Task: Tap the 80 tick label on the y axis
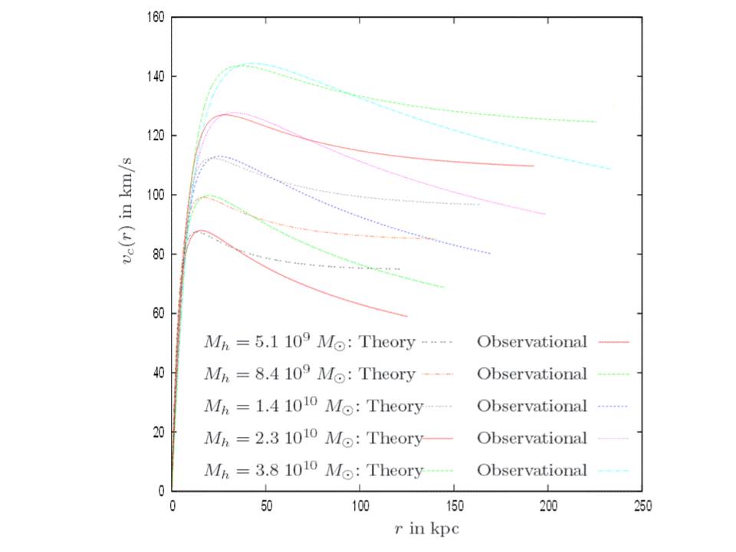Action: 157,254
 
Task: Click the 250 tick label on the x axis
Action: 642,506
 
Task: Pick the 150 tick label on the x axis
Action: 454,506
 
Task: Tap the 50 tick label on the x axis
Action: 266,506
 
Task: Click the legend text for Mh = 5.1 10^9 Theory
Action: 309,342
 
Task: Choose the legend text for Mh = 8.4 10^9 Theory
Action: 309,374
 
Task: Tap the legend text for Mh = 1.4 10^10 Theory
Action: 313,406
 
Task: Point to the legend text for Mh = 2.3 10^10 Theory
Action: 313,439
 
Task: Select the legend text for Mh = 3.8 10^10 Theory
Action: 313,471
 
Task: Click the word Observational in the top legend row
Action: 532,342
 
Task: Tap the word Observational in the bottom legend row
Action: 532,471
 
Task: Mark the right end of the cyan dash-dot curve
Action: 610,169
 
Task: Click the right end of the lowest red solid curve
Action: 407,316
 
